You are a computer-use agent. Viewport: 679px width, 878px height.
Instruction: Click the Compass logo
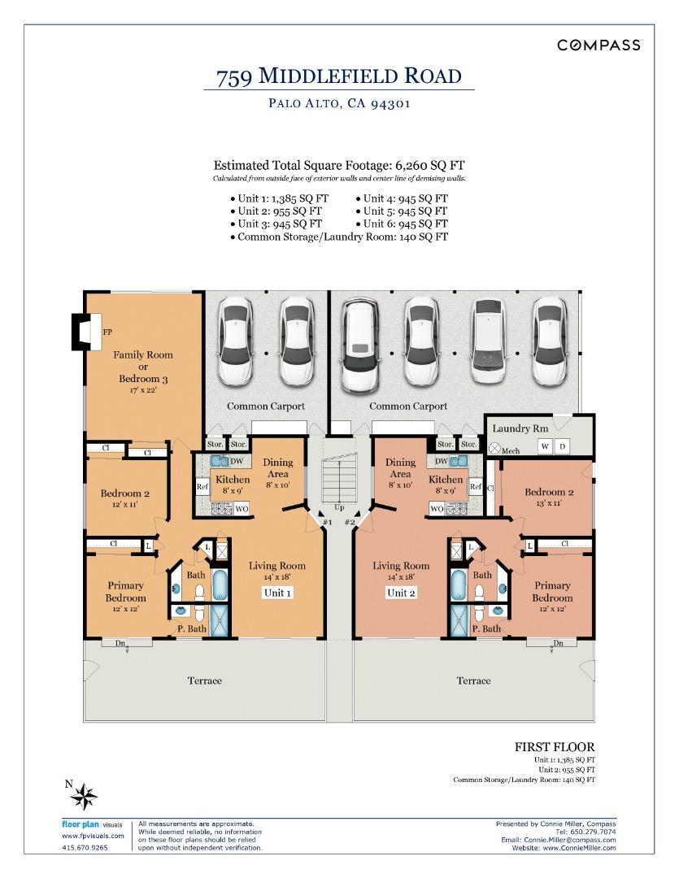598,46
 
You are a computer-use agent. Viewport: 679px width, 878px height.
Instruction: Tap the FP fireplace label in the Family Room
107,333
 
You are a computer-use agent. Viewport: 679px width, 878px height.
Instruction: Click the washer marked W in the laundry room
545,446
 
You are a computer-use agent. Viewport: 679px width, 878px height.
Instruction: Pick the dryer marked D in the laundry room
562,446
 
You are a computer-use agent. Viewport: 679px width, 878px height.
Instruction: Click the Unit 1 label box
277,593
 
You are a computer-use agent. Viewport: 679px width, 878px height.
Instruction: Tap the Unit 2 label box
399,593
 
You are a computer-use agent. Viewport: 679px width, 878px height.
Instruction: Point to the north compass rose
85,796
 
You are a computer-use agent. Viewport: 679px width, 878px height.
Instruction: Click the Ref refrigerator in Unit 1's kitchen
202,487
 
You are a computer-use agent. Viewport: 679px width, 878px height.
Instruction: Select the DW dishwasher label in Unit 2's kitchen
442,461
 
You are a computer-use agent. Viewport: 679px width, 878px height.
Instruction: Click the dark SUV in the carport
359,345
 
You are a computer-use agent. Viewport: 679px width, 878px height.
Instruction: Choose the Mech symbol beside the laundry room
494,448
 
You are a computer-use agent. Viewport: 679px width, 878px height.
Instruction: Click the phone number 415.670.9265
85,847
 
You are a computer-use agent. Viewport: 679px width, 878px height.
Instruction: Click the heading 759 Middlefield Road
338,76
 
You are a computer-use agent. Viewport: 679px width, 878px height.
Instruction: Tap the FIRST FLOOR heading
555,746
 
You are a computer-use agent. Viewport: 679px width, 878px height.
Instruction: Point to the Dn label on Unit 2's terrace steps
558,644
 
